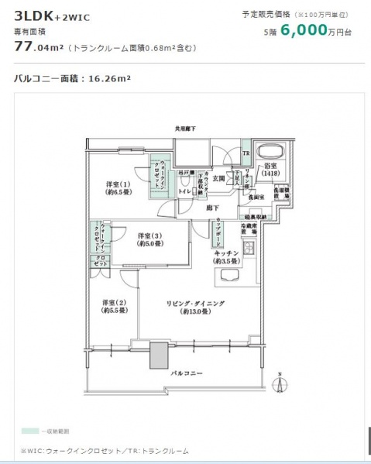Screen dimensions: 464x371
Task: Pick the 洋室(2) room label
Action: pyautogui.click(x=114, y=305)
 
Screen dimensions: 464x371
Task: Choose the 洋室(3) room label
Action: pyautogui.click(x=150, y=239)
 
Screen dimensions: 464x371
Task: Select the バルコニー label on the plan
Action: pyautogui.click(x=187, y=373)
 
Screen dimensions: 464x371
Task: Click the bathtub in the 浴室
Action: pyautogui.click(x=270, y=151)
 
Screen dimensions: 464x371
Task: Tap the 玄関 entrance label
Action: pyautogui.click(x=218, y=178)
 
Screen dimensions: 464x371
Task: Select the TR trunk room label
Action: pyautogui.click(x=246, y=152)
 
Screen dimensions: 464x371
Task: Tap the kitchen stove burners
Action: pyautogui.click(x=249, y=249)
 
